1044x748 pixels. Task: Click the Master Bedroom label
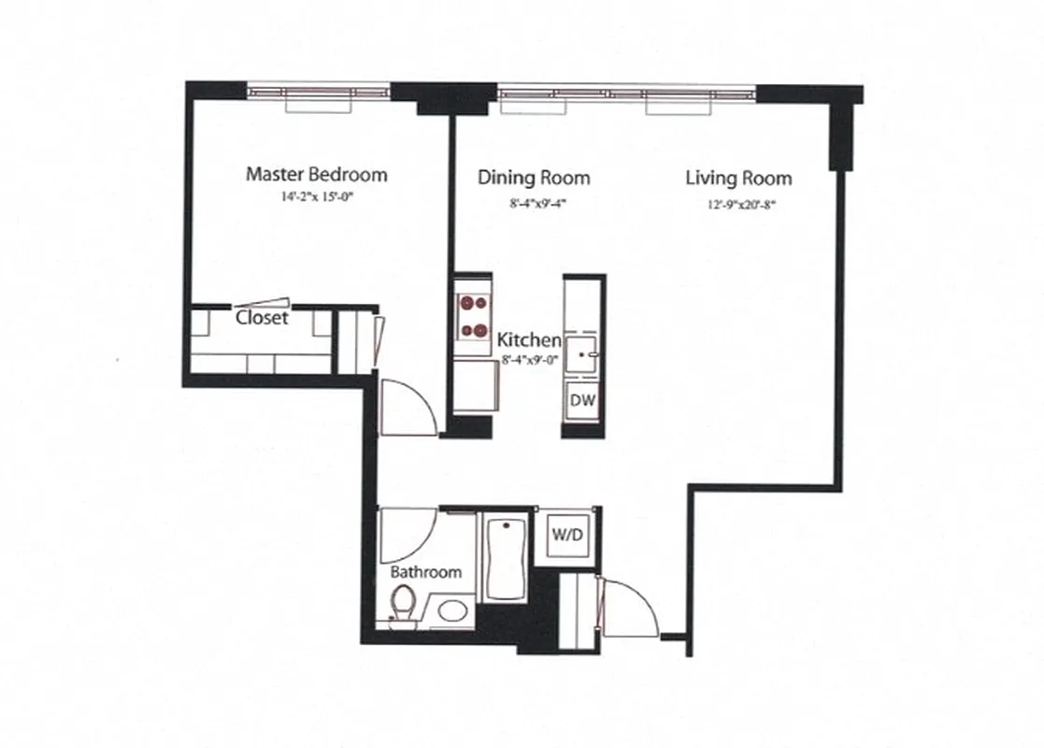click(x=316, y=174)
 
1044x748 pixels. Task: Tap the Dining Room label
click(x=534, y=177)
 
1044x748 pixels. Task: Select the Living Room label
click(x=738, y=178)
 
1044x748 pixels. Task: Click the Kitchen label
click(x=529, y=340)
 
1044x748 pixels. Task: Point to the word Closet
click(x=262, y=318)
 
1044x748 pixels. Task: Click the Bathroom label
click(x=426, y=572)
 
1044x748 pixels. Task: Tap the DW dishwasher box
click(x=583, y=401)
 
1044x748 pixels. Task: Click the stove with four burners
click(x=472, y=317)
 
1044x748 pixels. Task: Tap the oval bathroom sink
click(x=453, y=612)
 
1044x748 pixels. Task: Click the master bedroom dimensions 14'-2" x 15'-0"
click(x=316, y=196)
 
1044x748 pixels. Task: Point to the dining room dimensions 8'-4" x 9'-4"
click(x=534, y=199)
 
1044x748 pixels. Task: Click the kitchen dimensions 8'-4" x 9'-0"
click(x=530, y=358)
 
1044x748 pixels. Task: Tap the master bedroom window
click(x=319, y=93)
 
